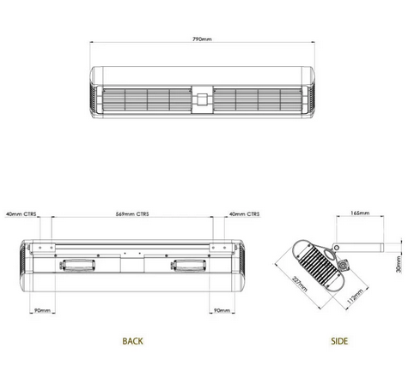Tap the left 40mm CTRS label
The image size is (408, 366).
click(x=21, y=214)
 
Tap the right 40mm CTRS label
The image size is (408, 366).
click(x=245, y=214)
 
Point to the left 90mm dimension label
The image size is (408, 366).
click(x=40, y=310)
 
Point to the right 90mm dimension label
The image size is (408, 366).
click(x=220, y=310)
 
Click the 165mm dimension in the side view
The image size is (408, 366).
click(x=360, y=213)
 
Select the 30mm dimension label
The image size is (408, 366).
click(x=399, y=264)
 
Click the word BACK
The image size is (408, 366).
click(x=132, y=341)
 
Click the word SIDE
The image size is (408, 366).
click(x=340, y=341)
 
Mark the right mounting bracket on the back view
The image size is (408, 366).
click(x=217, y=248)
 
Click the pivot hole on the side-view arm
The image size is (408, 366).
click(x=337, y=249)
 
